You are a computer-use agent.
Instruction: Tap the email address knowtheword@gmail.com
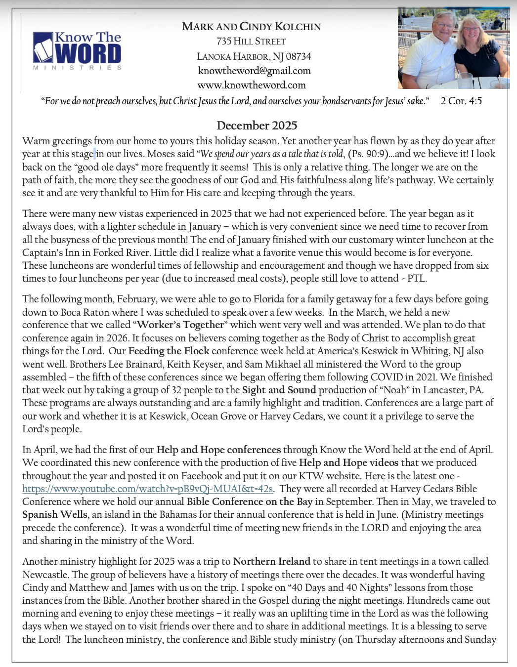click(254, 71)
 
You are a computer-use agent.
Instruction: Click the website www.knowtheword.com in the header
click(252, 85)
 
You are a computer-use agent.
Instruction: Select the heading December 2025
click(257, 125)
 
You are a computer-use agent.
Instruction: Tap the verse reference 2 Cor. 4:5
click(461, 101)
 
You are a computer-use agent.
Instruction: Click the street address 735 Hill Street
click(251, 42)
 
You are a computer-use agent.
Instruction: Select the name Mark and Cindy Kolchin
click(251, 26)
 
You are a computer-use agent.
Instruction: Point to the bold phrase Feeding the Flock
click(169, 351)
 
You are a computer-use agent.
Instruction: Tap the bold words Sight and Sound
click(279, 390)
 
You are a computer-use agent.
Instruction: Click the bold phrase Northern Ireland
click(272, 561)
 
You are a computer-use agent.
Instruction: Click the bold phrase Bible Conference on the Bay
click(250, 501)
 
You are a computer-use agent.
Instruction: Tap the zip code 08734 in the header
click(299, 56)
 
